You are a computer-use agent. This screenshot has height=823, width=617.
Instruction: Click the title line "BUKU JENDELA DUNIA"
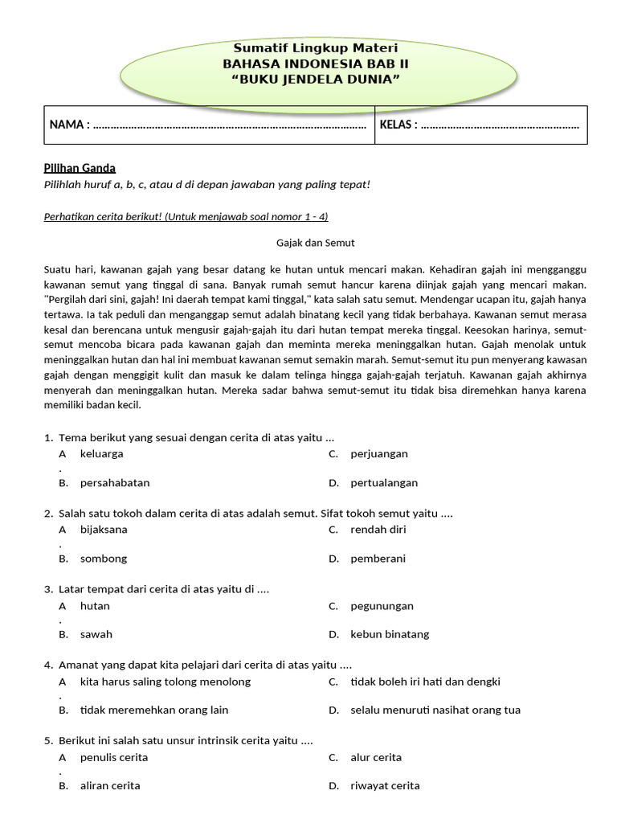315,77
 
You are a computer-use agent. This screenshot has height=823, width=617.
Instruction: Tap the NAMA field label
68,125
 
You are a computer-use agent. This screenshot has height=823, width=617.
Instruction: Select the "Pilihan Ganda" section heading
80,168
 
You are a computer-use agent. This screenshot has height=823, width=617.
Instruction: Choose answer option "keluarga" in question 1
102,454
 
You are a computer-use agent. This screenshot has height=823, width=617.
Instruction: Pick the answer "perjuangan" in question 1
379,454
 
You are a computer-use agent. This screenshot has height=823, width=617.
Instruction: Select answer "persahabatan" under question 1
115,483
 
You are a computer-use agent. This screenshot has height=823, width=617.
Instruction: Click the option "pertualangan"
384,483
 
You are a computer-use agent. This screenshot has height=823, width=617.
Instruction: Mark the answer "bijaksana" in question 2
104,530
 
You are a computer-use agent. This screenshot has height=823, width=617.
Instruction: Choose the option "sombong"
104,559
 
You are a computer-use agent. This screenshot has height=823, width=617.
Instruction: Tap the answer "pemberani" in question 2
378,559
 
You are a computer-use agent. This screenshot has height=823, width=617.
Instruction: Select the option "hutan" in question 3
95,606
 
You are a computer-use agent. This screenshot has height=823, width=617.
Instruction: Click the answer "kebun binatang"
390,634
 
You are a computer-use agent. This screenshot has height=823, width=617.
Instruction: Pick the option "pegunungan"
382,606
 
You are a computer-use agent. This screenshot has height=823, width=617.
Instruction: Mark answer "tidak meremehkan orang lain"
154,710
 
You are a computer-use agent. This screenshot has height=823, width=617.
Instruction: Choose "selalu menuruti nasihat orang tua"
435,710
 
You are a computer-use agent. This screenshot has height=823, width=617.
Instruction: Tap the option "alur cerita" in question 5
376,757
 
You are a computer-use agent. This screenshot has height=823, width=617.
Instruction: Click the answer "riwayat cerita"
385,786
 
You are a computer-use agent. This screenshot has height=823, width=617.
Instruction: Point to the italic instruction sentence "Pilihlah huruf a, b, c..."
206,185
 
